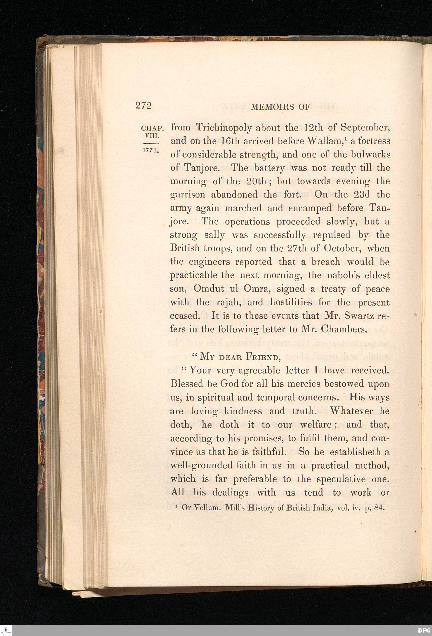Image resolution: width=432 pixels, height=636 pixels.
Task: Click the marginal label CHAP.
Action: click(x=152, y=128)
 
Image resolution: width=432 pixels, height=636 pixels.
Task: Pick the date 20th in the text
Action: click(x=252, y=181)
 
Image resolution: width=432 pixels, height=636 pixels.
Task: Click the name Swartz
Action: click(x=358, y=316)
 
